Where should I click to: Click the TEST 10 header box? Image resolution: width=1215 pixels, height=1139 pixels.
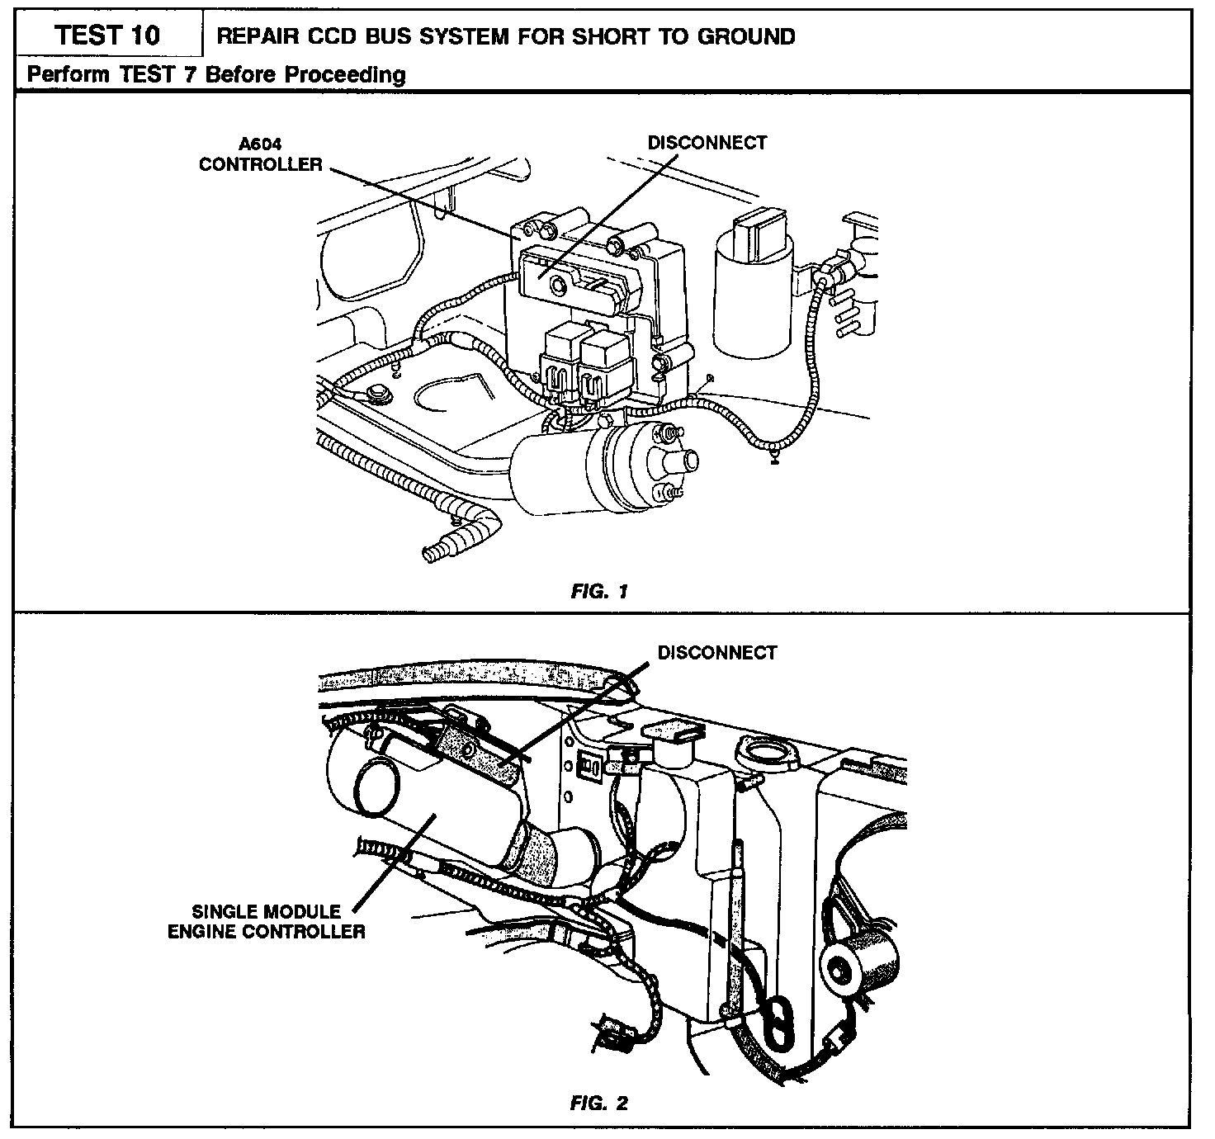click(x=107, y=35)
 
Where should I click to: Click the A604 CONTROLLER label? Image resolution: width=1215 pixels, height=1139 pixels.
click(x=261, y=154)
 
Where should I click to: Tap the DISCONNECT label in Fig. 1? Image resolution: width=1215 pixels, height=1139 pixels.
click(x=707, y=143)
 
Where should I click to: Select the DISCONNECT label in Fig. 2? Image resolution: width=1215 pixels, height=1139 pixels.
click(x=716, y=653)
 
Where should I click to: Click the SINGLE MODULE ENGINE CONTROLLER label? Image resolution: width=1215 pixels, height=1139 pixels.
click(x=266, y=922)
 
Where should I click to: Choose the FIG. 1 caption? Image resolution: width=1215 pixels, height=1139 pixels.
click(x=599, y=592)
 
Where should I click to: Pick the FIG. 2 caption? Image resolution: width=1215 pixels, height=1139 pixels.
click(x=599, y=1103)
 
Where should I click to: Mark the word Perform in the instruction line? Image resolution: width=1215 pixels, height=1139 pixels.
click(x=70, y=75)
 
